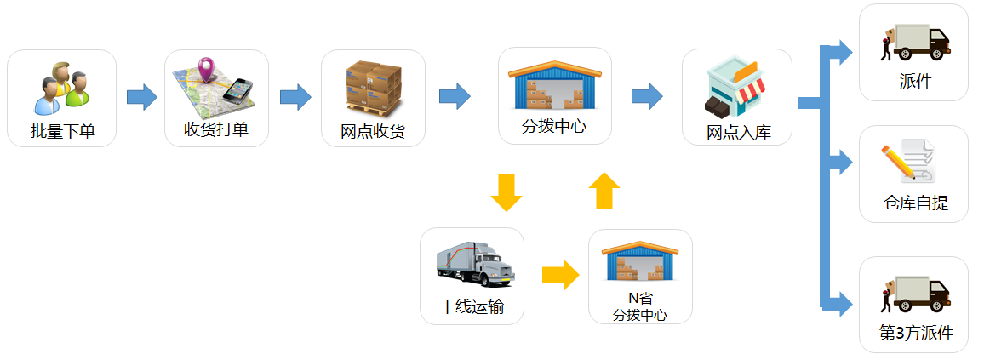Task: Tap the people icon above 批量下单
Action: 62,88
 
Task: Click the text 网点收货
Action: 373,132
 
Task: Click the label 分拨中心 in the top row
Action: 554,129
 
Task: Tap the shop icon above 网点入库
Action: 736,87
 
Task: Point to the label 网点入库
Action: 738,133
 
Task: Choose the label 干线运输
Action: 472,307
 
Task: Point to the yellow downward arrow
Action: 506,192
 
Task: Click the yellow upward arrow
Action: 604,191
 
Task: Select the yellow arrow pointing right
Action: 559,274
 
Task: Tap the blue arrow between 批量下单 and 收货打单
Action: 141,97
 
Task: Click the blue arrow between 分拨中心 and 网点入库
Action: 647,96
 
